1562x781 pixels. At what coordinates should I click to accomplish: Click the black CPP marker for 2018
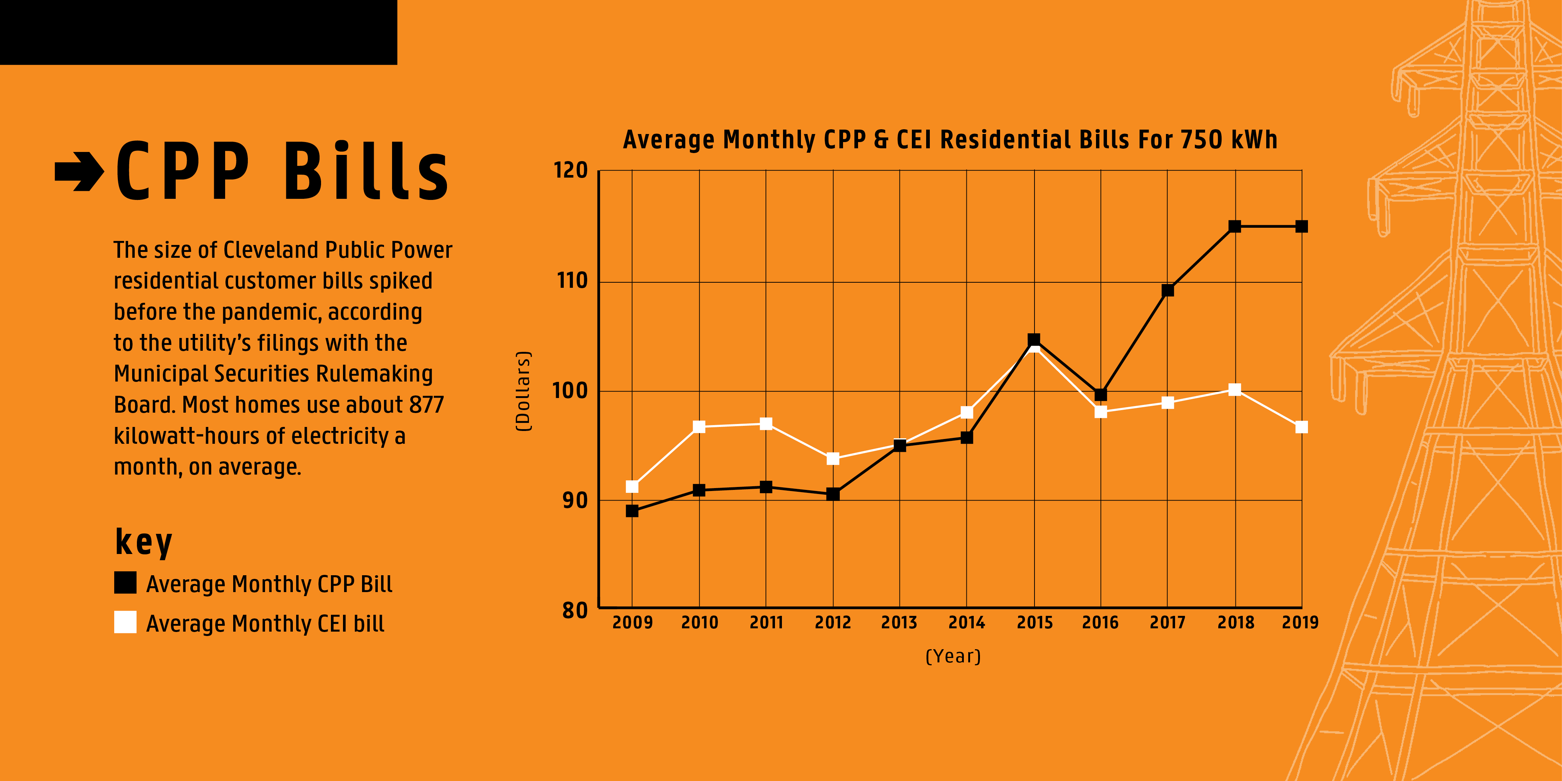pyautogui.click(x=1235, y=227)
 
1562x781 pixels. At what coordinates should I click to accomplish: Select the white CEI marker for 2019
pyautogui.click(x=1301, y=428)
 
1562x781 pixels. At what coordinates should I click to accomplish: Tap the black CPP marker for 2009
pyautogui.click(x=632, y=511)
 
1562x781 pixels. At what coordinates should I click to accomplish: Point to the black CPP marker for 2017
pyautogui.click(x=1167, y=290)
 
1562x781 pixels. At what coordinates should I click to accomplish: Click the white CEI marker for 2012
pyautogui.click(x=832, y=458)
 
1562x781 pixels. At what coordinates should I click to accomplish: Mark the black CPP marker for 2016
pyautogui.click(x=1100, y=395)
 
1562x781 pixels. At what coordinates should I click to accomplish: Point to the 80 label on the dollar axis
pyautogui.click(x=575, y=610)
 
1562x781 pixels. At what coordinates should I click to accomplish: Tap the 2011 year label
pyautogui.click(x=766, y=623)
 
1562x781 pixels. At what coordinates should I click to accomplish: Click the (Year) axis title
pyautogui.click(x=953, y=656)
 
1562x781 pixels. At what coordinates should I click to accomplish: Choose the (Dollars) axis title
pyautogui.click(x=523, y=391)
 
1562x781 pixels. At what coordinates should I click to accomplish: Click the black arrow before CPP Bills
pyautogui.click(x=79, y=172)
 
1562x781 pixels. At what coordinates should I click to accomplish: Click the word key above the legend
pyautogui.click(x=144, y=542)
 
